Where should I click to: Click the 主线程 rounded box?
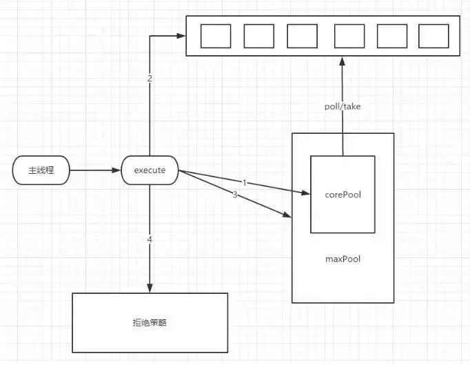pyautogui.click(x=41, y=170)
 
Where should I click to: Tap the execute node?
pyautogui.click(x=149, y=170)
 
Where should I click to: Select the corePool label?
pyautogui.click(x=343, y=195)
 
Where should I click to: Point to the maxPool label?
pyautogui.click(x=343, y=259)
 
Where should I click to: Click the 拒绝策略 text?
pyautogui.click(x=150, y=322)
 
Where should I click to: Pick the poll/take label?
pyautogui.click(x=343, y=107)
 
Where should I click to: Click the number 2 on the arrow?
pyautogui.click(x=150, y=78)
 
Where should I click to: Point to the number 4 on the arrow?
pyautogui.click(x=150, y=239)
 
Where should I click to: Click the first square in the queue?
pyautogui.click(x=215, y=36)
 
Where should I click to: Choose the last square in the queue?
pyautogui.click(x=433, y=36)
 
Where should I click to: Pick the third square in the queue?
pyautogui.click(x=302, y=36)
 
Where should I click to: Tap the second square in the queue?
pyautogui.click(x=258, y=36)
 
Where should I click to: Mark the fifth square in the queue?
pyautogui.click(x=392, y=36)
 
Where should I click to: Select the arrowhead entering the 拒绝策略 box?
pyautogui.click(x=150, y=288)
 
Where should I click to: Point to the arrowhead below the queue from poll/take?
pyautogui.click(x=343, y=61)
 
